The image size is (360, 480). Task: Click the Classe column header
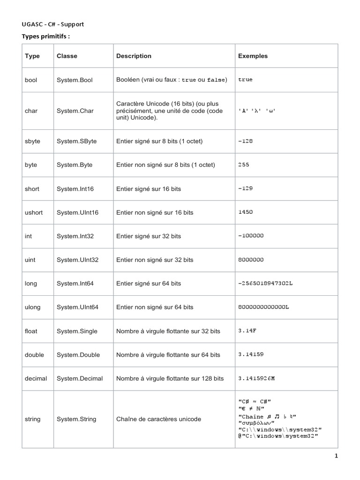67,56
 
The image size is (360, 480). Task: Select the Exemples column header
253,56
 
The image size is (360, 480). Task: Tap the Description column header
134,56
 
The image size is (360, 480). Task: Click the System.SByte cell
76,141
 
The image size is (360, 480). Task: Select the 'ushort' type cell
34,212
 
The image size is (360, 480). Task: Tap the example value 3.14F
247,331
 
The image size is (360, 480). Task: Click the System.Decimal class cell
80,378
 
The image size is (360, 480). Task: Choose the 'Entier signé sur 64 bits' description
149,284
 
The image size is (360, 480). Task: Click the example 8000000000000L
264,307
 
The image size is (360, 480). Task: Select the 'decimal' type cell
36,378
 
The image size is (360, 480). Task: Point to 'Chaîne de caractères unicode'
158,419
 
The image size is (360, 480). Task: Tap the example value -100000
251,236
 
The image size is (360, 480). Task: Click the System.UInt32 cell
77,260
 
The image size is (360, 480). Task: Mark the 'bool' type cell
31,80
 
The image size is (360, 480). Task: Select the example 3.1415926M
256,378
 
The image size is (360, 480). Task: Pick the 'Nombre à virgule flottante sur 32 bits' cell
168,331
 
